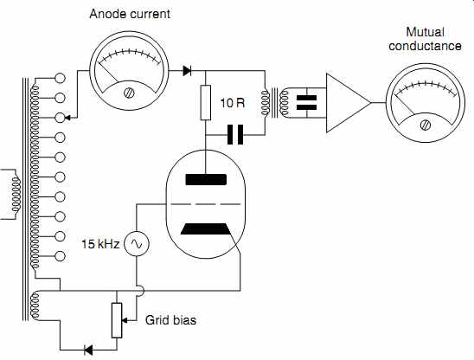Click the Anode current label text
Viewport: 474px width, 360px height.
[130, 14]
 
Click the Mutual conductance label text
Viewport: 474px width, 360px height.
[425, 39]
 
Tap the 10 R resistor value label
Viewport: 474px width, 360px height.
[232, 103]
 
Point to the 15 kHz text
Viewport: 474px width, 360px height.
[100, 244]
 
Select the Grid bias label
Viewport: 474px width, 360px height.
[170, 320]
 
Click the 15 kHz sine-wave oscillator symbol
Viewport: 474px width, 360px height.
[137, 243]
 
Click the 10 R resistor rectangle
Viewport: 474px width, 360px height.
[206, 103]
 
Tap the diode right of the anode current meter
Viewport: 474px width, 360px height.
[187, 71]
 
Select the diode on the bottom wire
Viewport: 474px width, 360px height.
[88, 350]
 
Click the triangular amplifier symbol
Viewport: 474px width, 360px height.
[349, 103]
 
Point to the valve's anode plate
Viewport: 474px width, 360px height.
[206, 179]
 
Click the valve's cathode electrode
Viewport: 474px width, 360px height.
[206, 229]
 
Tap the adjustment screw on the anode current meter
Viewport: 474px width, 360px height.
[130, 93]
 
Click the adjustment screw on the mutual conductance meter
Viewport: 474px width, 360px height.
[426, 125]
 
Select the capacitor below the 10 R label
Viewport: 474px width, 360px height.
[235, 134]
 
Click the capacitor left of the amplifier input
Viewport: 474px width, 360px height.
[306, 103]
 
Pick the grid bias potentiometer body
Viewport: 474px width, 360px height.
[117, 320]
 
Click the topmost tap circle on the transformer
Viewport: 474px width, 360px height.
[61, 78]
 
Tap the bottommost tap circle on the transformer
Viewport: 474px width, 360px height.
[61, 256]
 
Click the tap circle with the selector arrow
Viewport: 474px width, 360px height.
[61, 118]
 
